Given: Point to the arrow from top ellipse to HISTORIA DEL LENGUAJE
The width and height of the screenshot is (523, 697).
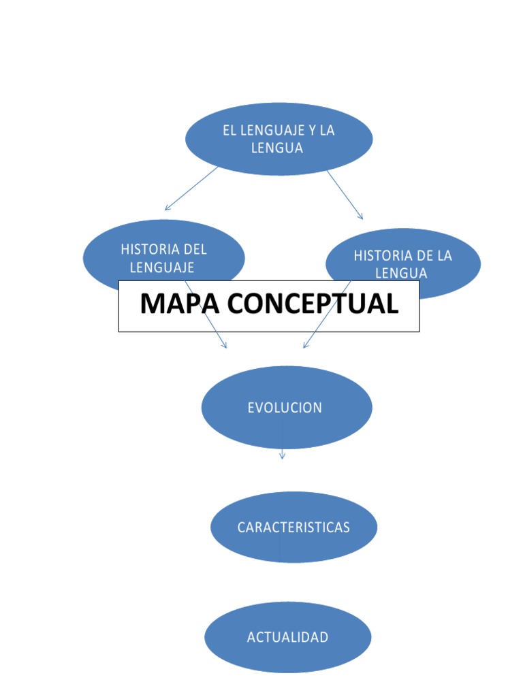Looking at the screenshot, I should [191, 189].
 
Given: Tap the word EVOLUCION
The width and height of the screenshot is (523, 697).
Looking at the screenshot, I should [285, 408].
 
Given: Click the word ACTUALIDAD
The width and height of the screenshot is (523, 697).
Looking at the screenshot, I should [287, 638].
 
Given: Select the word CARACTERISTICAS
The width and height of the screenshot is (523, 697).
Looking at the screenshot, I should [294, 528].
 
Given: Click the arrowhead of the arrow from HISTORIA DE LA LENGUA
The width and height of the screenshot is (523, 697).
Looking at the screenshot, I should [304, 346].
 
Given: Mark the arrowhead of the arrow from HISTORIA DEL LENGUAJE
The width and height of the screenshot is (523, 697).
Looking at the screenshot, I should [225, 346].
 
